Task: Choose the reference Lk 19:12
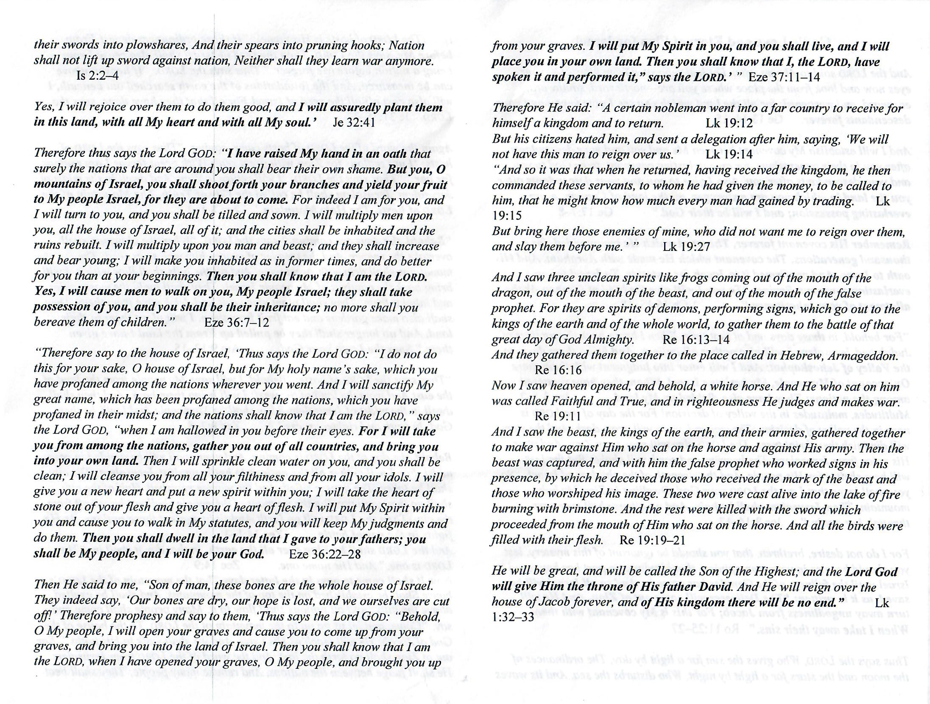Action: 729,123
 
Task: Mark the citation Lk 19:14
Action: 729,154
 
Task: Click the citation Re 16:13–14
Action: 696,339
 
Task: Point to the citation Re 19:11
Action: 558,416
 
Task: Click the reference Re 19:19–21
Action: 652,540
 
